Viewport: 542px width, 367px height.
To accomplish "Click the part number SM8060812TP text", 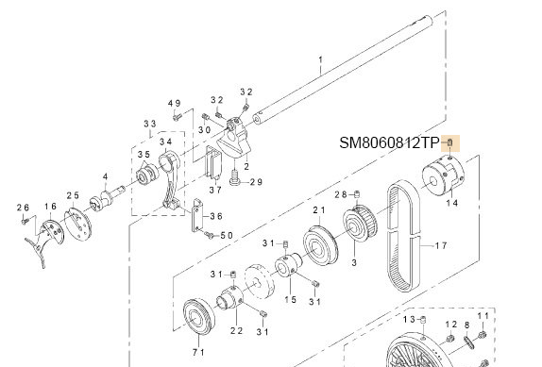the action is [390, 142].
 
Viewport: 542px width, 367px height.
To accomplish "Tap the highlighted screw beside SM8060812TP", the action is [449, 142].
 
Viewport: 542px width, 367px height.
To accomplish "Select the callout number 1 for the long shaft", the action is [320, 60].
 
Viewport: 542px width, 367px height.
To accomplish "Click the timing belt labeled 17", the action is [403, 238].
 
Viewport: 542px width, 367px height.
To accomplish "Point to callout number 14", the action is [451, 203].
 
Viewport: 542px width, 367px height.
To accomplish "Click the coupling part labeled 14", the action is [443, 175].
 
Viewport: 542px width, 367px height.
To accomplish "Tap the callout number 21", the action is [319, 209].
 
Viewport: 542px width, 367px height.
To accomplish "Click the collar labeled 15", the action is [288, 265].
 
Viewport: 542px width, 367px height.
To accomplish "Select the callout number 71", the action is [198, 352].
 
